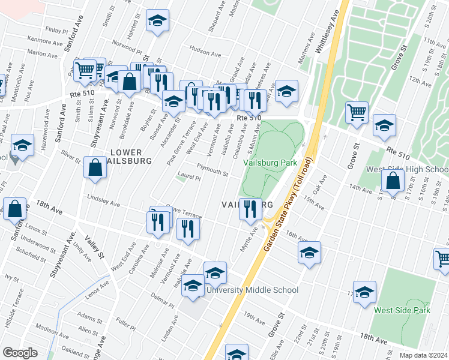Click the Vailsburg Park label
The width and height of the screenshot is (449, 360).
click(x=270, y=163)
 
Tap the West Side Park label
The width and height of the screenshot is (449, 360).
click(x=402, y=310)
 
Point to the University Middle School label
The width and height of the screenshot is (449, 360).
click(x=252, y=290)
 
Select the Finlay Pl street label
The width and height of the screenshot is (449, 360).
click(x=57, y=29)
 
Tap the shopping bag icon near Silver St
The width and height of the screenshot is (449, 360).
click(x=95, y=167)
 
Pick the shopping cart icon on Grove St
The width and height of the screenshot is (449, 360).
click(x=357, y=112)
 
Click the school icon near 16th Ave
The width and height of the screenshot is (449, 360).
click(x=309, y=252)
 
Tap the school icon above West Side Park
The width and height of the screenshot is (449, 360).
click(x=364, y=292)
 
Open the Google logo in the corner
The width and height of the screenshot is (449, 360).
click(x=20, y=352)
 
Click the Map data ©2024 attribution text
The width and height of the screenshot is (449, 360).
click(x=424, y=355)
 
